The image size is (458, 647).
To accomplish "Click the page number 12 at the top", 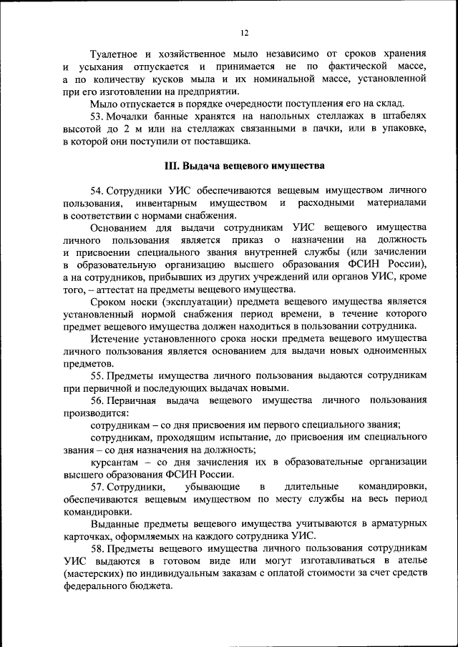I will (x=245, y=33).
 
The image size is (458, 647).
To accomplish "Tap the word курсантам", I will (x=117, y=463).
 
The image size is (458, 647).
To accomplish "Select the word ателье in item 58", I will (x=411, y=561).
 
